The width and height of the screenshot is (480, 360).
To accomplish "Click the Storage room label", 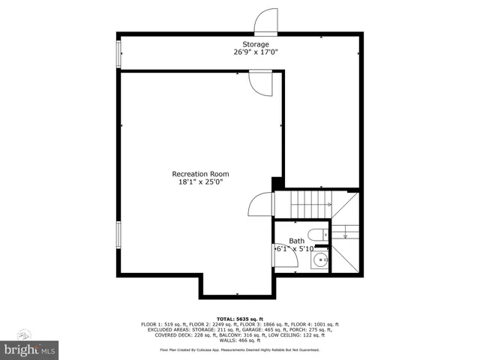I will tap(255, 45).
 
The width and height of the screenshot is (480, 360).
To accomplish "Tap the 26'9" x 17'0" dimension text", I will tap(255, 52).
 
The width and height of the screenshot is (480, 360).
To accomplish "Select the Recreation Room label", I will tap(200, 174).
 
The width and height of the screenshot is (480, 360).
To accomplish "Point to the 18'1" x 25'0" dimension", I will tap(200, 181).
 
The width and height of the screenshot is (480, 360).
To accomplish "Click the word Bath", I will tap(297, 241).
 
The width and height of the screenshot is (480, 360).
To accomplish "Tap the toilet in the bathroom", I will tap(317, 233).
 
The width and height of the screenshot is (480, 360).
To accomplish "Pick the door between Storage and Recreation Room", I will tap(259, 82).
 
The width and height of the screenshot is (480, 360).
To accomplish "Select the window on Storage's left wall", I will tap(118, 54).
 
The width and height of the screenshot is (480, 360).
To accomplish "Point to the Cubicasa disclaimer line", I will tap(239, 349).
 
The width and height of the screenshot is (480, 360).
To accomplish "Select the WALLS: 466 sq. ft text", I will tap(239, 340).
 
